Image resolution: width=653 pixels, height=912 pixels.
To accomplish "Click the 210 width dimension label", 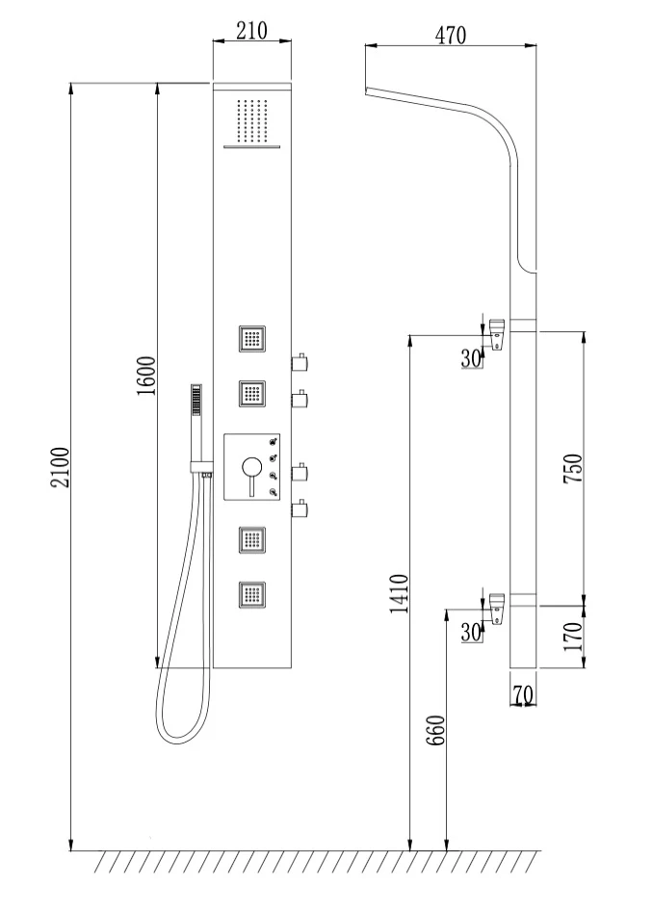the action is tap(251, 30).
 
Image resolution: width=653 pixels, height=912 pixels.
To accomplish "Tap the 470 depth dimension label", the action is tap(451, 36).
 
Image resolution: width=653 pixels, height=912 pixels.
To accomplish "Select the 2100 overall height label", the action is tap(61, 467).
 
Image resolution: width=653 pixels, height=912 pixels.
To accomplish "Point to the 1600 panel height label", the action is tap(146, 376).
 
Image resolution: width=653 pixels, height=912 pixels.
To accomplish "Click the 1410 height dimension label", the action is tap(399, 594).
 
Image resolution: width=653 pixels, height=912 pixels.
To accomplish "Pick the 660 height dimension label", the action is tap(435, 730).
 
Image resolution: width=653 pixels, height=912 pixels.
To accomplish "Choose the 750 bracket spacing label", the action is tap(573, 469).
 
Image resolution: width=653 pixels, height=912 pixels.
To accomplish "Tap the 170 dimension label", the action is tap(573, 637).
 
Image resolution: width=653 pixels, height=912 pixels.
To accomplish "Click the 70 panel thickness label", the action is tap(523, 694).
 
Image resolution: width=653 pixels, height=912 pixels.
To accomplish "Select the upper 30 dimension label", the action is tap(472, 359).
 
